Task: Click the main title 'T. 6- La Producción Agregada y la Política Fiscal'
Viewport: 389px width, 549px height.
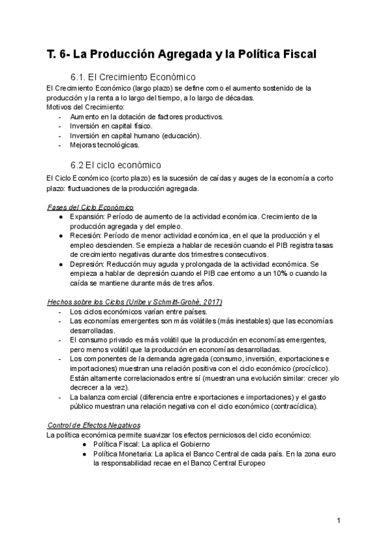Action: [x=182, y=54]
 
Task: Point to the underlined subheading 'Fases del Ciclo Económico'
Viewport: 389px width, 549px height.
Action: [x=91, y=207]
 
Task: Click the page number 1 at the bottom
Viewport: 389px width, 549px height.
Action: [x=339, y=520]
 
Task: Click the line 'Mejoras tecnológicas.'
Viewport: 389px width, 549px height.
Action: [x=105, y=145]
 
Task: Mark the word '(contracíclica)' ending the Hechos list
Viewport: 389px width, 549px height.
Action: [x=289, y=407]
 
